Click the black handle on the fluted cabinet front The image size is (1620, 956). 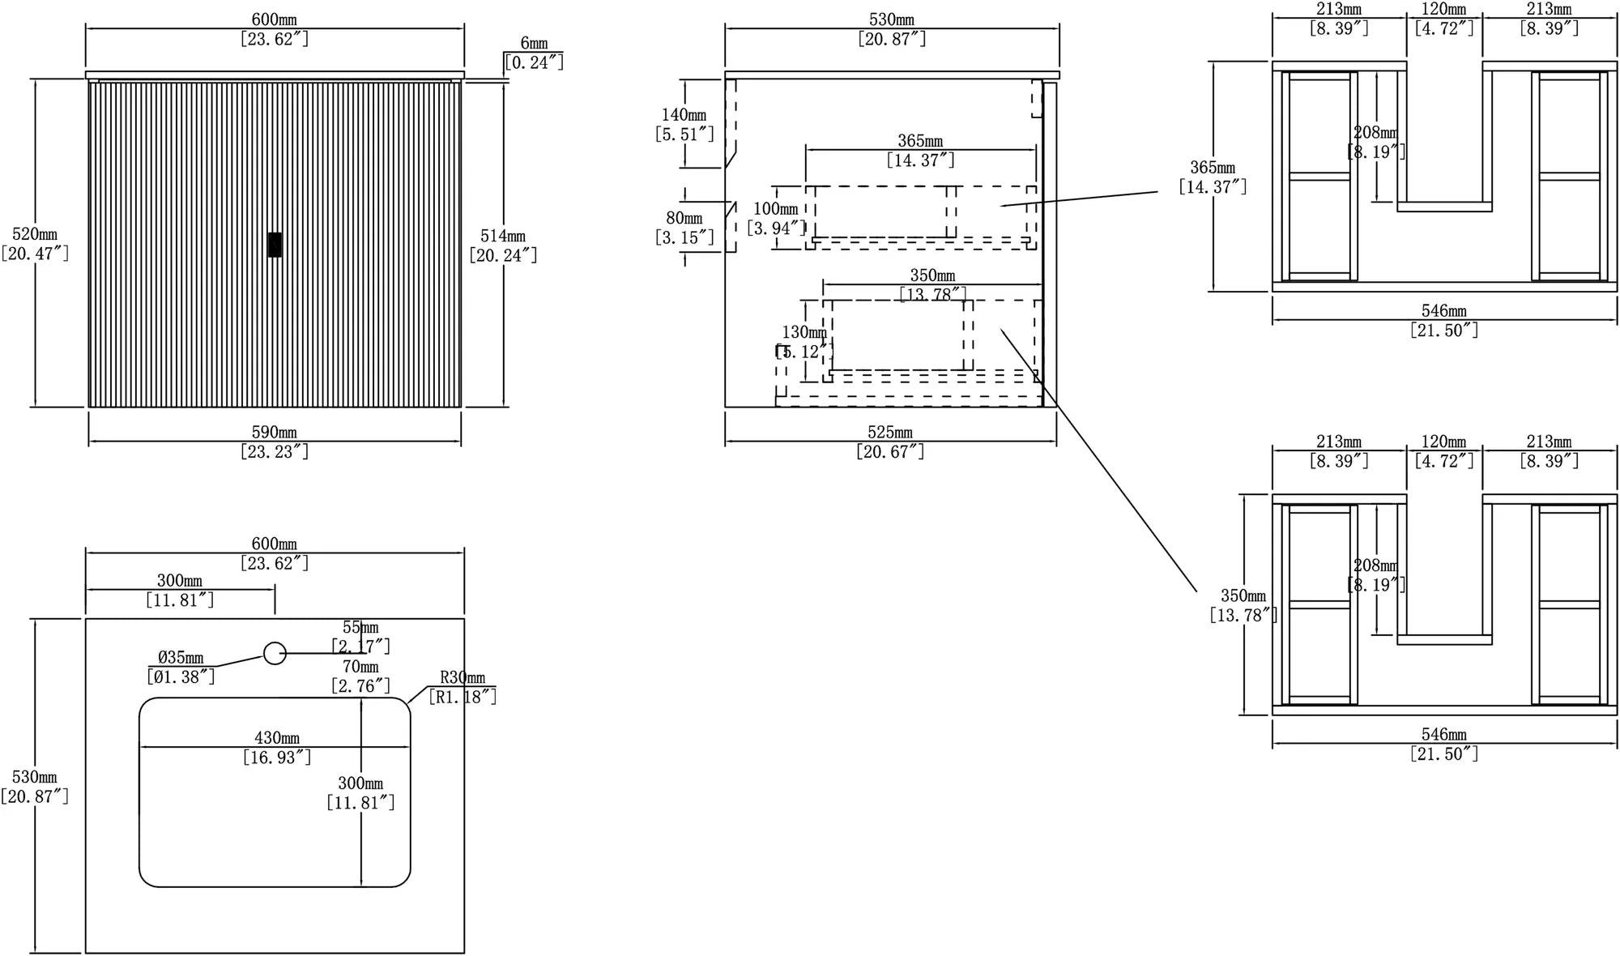coord(275,245)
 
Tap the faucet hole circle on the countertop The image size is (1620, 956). coord(275,653)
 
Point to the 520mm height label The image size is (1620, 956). coord(35,234)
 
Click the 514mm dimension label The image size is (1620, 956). coord(503,236)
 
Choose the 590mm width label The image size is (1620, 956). coord(275,433)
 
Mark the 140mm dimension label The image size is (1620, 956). coord(684,115)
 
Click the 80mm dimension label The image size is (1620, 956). coord(684,218)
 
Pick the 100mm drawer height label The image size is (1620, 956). coord(776,209)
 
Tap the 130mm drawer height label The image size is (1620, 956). coord(804,332)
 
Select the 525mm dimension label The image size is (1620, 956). coord(890,433)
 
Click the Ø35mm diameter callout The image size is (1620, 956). coord(181,658)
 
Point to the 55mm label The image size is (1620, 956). coord(360,627)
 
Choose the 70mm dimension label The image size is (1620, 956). coord(360,667)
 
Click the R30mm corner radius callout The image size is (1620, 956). coord(463,677)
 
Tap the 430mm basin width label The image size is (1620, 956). coord(277,738)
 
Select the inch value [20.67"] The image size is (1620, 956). coord(890,452)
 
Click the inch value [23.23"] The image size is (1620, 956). coord(275,452)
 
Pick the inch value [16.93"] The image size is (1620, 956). coord(277,758)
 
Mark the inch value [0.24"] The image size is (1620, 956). coord(534,62)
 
